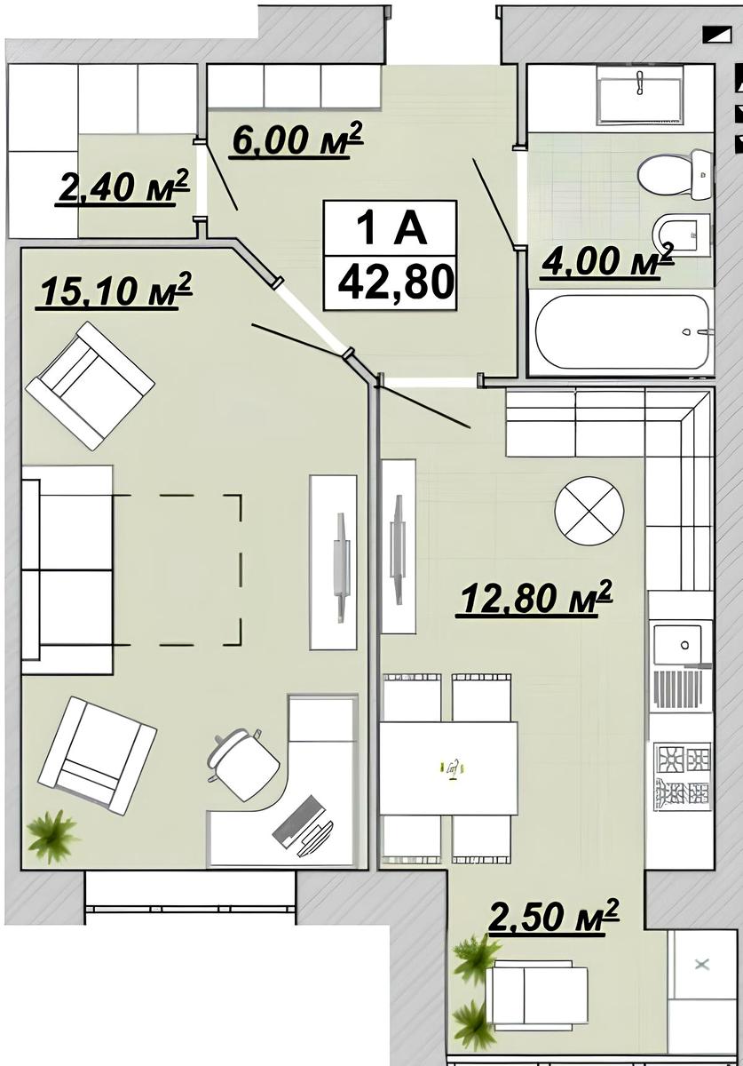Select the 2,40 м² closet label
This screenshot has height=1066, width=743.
click(x=123, y=187)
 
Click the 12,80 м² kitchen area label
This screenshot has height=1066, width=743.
click(x=534, y=598)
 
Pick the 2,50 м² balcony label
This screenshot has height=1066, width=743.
click(x=553, y=917)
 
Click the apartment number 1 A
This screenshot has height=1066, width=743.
click(x=390, y=228)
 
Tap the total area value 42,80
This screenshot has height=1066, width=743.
click(x=395, y=282)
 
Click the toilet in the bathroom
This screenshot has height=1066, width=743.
click(x=676, y=175)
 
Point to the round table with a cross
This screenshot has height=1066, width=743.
click(x=589, y=511)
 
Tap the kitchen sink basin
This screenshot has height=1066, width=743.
click(x=677, y=645)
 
